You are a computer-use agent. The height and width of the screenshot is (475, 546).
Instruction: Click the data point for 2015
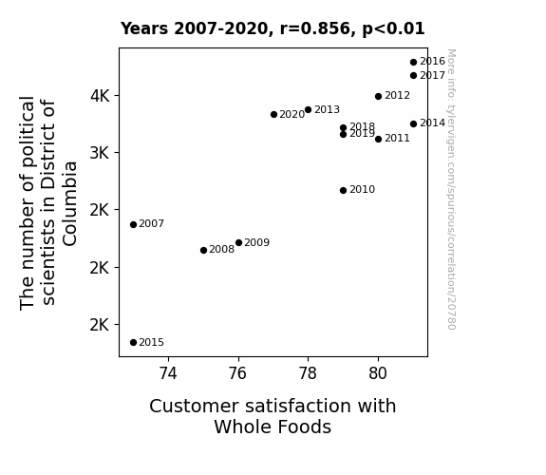tap(133, 343)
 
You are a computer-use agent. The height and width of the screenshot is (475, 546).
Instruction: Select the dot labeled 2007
tap(133, 225)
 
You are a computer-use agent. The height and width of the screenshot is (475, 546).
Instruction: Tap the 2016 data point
tap(413, 63)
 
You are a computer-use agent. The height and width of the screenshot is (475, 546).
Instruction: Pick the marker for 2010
tap(344, 191)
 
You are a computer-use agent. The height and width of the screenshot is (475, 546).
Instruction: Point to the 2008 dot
tap(204, 250)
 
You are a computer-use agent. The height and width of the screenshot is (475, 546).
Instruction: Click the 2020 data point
tap(273, 115)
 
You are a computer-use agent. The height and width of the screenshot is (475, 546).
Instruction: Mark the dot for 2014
tap(413, 124)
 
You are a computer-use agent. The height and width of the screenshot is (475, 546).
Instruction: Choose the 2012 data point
tap(379, 97)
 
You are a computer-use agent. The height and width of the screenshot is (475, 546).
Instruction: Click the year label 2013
tap(327, 110)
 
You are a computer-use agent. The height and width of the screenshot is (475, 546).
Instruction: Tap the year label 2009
tap(257, 242)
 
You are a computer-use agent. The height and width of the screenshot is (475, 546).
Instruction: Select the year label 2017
tap(432, 76)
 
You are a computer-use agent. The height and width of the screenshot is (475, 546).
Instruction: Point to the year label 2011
tap(397, 139)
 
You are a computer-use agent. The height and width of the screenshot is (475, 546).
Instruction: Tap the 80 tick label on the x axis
tap(378, 373)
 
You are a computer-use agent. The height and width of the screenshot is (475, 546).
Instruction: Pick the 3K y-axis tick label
tap(100, 153)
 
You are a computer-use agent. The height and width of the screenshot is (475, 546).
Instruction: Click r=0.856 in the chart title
tap(315, 28)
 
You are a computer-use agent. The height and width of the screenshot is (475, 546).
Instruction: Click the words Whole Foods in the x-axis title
tap(273, 427)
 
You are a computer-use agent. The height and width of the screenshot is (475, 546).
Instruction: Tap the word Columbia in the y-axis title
tap(69, 204)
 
